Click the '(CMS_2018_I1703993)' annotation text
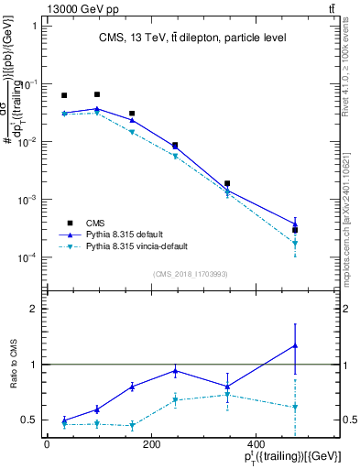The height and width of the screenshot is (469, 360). coord(191,274)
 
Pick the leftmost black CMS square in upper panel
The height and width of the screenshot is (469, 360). coord(64,95)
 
